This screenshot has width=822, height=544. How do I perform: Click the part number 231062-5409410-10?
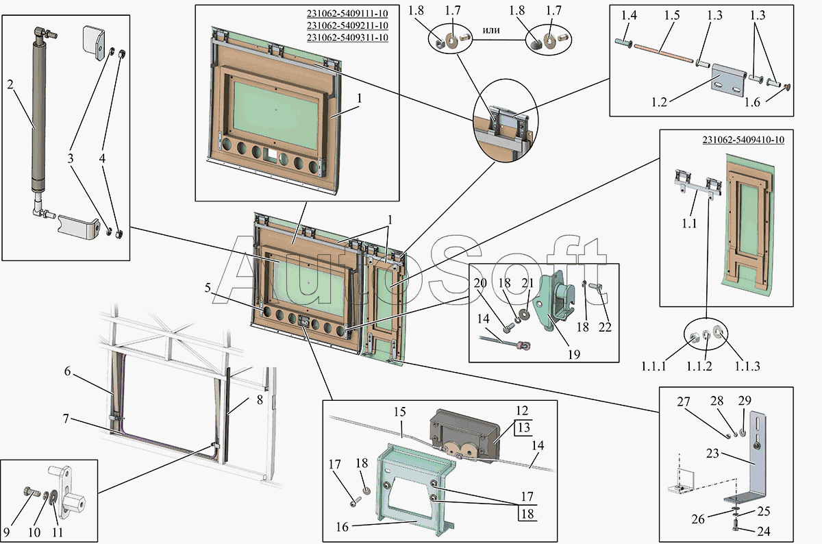point(743,140)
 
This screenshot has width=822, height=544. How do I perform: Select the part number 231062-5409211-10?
point(347,26)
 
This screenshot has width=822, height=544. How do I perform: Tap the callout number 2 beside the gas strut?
point(10,85)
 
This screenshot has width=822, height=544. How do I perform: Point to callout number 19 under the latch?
point(574,354)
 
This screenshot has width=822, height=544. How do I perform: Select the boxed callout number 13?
point(524,428)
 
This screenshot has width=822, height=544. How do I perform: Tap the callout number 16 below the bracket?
point(342,528)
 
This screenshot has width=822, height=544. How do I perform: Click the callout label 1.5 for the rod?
point(671,15)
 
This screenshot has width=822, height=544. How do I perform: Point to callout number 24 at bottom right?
point(763,531)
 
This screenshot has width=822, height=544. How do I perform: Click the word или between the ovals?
point(491,30)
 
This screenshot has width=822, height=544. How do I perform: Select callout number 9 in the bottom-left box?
point(6,532)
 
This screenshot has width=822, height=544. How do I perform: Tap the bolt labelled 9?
point(29,491)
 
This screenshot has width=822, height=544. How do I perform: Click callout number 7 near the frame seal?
point(66,419)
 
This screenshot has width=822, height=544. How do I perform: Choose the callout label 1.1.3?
point(747,366)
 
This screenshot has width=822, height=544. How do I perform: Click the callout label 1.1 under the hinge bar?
point(689,223)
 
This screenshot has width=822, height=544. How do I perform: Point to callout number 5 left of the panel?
point(208,288)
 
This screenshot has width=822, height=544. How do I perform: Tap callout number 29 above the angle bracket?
point(745,401)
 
